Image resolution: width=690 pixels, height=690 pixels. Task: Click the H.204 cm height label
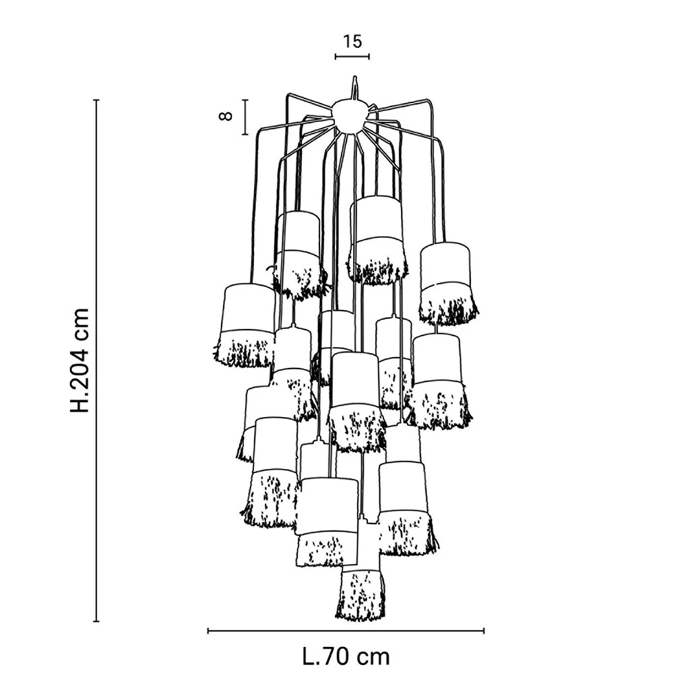point(80,360)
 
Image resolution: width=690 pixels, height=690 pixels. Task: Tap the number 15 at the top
point(352,41)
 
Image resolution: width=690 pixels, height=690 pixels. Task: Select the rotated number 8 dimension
point(226,116)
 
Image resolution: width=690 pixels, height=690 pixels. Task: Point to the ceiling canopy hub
point(350,114)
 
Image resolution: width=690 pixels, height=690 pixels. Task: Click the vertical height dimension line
point(96,360)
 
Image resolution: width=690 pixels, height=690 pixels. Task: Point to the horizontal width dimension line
point(346,631)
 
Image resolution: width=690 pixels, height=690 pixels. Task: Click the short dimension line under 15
point(352,57)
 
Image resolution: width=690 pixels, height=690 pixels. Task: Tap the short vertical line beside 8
point(245,117)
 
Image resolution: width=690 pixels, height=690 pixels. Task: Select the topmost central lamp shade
point(377,236)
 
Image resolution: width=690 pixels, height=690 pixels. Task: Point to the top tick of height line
point(96,100)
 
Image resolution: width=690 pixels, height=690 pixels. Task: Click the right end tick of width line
point(484,631)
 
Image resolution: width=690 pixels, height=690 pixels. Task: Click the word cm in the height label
point(80,323)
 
